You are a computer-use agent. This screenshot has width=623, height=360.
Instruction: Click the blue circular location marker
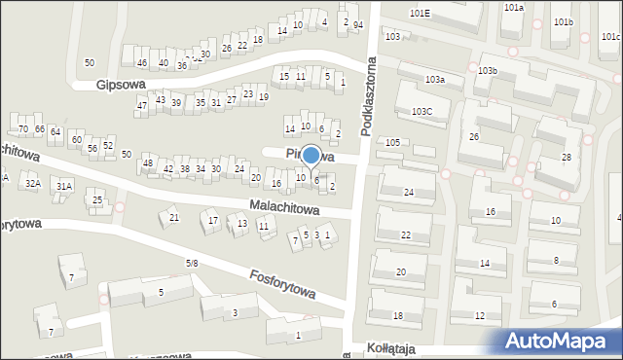(311, 155)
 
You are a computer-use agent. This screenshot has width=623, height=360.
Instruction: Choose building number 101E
(421, 14)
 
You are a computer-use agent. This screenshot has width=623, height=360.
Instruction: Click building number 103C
(421, 112)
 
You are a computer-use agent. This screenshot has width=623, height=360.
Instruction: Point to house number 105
(392, 143)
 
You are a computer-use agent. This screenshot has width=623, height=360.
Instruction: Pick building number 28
(566, 157)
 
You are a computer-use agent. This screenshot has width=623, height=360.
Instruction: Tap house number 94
(357, 24)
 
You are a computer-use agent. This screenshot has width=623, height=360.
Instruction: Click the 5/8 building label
(192, 264)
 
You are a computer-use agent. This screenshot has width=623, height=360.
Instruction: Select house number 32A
(32, 183)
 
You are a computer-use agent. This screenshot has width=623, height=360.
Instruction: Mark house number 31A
(63, 186)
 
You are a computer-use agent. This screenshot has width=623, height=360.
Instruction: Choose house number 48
(148, 162)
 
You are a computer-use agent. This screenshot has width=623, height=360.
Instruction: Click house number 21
(174, 217)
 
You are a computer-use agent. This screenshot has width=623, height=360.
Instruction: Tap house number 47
(141, 105)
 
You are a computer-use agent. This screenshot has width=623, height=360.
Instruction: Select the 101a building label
(513, 7)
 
